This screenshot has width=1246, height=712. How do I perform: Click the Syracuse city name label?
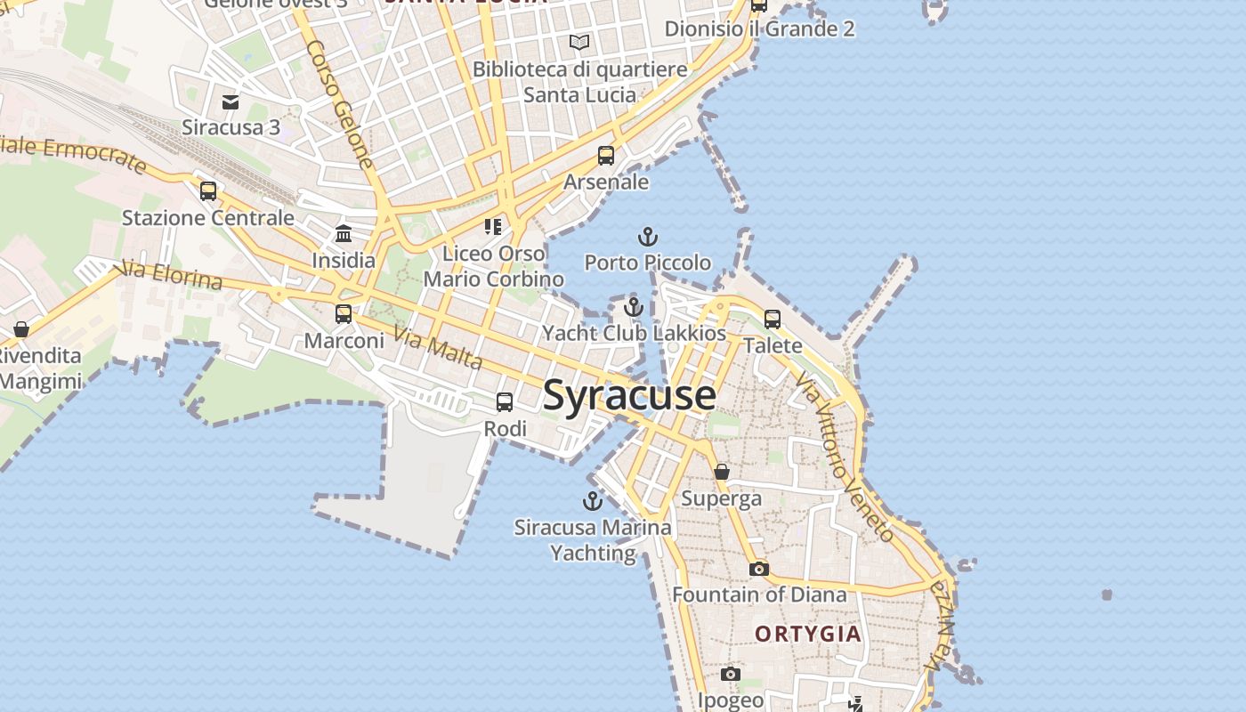(628, 395)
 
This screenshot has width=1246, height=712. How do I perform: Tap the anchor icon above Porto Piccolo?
(648, 237)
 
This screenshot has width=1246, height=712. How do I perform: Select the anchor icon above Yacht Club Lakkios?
(634, 307)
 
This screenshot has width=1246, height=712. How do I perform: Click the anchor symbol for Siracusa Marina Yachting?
(592, 500)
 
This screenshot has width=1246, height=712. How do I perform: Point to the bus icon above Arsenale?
(606, 156)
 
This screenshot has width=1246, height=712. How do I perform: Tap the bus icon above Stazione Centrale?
(208, 190)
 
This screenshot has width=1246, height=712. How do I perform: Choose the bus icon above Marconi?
(344, 314)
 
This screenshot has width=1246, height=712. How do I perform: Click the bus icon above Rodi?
(505, 402)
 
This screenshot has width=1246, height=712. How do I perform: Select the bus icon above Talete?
(773, 319)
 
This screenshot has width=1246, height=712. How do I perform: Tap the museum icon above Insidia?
(344, 234)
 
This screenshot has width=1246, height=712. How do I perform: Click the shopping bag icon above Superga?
(722, 471)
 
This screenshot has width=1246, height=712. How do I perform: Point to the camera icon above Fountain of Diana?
(759, 569)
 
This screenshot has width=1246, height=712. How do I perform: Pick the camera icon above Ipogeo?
(731, 674)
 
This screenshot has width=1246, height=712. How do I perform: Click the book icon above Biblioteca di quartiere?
(579, 42)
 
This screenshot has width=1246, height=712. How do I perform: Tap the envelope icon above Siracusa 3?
(231, 101)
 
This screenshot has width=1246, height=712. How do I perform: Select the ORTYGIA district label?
(808, 634)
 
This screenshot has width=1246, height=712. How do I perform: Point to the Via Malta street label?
(438, 349)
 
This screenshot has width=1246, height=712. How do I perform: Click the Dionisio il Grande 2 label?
(759, 28)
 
